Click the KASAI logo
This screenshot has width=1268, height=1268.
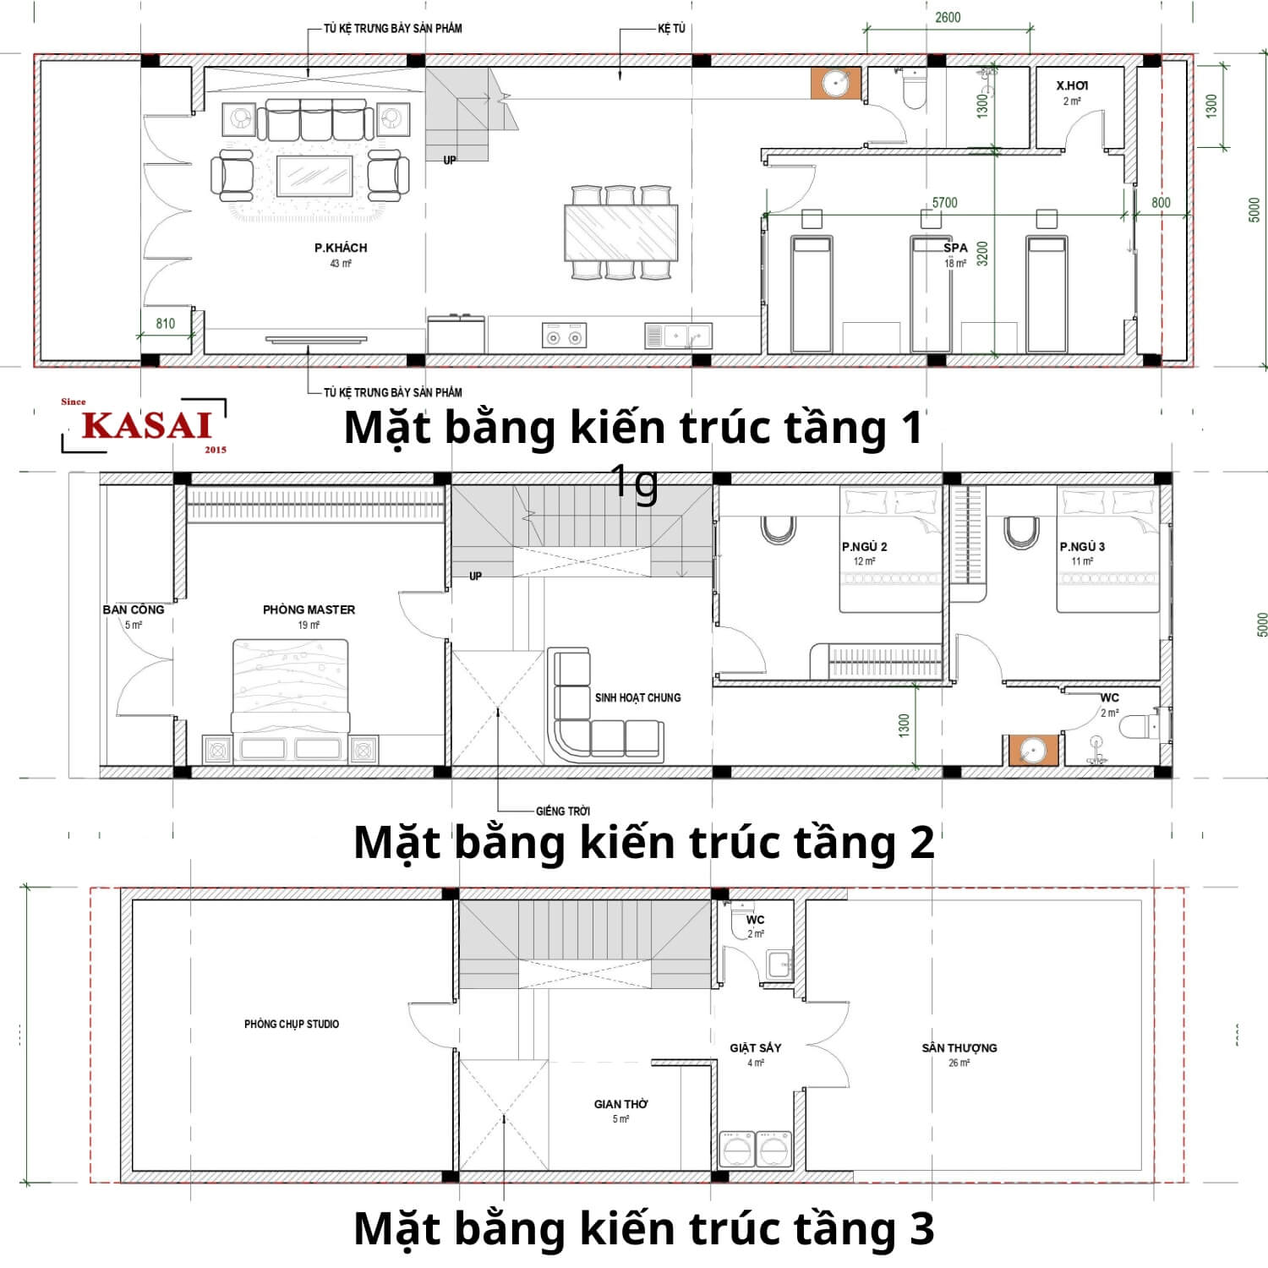pos(145,425)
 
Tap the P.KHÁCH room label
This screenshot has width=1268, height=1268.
pos(341,248)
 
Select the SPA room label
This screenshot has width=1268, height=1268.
pos(955,248)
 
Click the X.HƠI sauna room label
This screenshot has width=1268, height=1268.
pos(1072,85)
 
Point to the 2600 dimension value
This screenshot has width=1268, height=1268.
pos(948,18)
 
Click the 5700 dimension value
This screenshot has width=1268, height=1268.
pos(944,203)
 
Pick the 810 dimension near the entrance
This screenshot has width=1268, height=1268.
pos(166,324)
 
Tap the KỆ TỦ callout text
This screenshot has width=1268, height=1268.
pos(671,29)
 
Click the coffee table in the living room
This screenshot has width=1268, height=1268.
pos(315,177)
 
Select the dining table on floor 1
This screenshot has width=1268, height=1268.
pos(621,233)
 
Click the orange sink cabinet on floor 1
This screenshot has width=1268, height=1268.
pos(835,84)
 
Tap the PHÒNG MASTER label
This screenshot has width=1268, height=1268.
pos(309,609)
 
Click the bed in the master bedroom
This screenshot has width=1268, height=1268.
pos(290,685)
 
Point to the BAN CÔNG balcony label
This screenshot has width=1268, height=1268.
pos(134,609)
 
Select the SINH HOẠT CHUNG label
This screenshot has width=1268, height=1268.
pos(637,697)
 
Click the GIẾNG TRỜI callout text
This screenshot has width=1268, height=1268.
pos(563,812)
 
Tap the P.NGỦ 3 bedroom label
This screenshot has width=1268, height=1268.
pos(1082,547)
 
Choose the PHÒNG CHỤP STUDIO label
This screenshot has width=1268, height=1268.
pos(292,1024)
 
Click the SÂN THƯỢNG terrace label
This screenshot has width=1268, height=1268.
pos(959,1048)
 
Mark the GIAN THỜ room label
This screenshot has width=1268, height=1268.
pos(621,1104)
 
